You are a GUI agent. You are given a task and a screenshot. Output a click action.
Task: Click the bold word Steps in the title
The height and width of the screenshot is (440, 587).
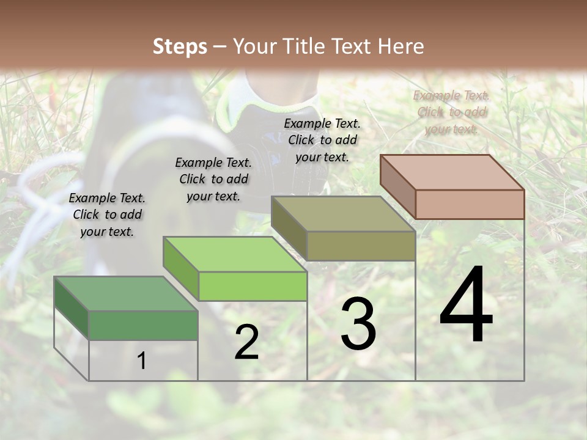[x=180, y=46]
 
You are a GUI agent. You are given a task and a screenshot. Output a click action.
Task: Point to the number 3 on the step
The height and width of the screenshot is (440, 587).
[x=358, y=324]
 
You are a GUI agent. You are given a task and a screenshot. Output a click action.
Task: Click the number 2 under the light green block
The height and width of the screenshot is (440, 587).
[x=246, y=342]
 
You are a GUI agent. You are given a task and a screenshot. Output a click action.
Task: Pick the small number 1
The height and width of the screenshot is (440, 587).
[x=142, y=361]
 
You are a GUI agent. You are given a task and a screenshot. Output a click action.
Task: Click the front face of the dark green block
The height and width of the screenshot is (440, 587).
[x=143, y=325]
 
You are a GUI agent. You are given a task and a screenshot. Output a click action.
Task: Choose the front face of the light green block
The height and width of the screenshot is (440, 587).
[x=253, y=286]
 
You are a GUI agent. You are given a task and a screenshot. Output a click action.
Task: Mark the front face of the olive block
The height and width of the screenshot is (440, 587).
[x=361, y=246]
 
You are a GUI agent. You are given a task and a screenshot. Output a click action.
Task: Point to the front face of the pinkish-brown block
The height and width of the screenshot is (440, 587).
[x=470, y=204]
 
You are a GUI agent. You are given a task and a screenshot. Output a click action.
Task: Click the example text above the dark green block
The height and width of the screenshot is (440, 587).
[x=107, y=215]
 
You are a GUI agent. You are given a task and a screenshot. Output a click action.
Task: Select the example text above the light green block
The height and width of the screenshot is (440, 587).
[x=213, y=179]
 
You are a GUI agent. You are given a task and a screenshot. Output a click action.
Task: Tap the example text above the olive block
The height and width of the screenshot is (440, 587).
[x=322, y=140]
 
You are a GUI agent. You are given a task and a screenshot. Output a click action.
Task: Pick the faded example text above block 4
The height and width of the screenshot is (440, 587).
[x=451, y=112]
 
